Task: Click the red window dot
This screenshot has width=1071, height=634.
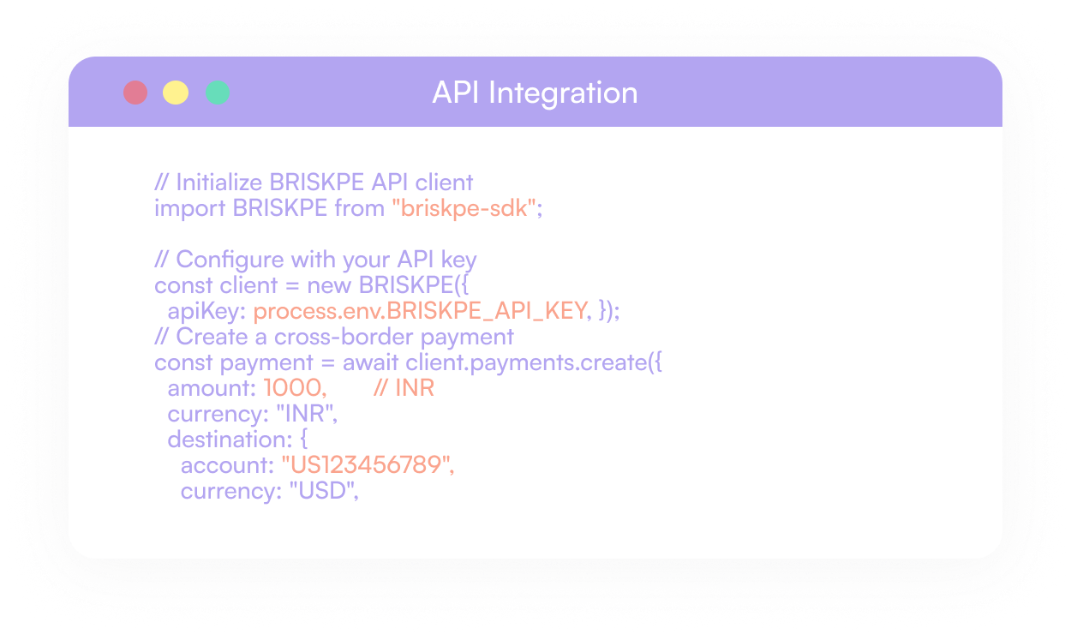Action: click(135, 93)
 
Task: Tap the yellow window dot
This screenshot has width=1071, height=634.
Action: click(176, 93)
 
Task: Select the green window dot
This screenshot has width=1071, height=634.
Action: click(218, 93)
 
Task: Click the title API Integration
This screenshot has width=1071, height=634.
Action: click(535, 93)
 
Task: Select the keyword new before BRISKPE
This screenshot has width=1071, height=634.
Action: click(329, 285)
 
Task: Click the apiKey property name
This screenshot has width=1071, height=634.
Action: click(204, 311)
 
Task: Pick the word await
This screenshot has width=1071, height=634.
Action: click(370, 362)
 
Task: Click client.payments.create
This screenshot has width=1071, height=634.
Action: click(524, 362)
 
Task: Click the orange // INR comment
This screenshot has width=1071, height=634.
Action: click(404, 388)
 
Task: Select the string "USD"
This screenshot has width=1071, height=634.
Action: click(322, 491)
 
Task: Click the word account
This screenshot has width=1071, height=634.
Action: click(226, 465)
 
